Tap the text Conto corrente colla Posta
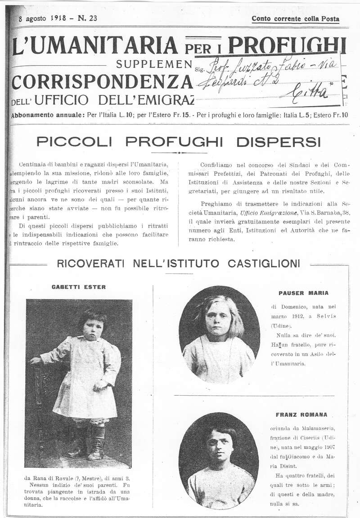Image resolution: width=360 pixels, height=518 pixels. click(x=295, y=19)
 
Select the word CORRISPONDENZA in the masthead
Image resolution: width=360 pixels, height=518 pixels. click(x=102, y=82)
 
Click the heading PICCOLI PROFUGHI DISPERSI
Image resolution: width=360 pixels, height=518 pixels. click(x=179, y=142)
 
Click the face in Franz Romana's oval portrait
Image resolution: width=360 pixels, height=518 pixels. click(x=219, y=447)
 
